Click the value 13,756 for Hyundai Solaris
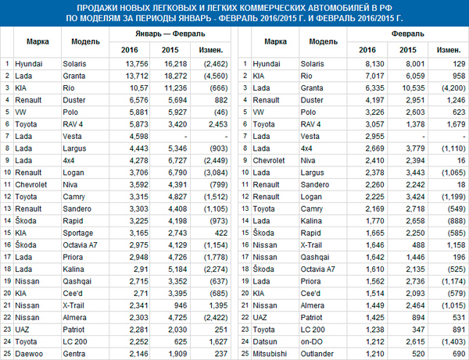click(137, 64)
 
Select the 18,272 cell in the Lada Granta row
click(176, 77)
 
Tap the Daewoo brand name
click(29, 354)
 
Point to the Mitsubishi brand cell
click(270, 354)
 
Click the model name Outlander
click(317, 354)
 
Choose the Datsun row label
click(265, 342)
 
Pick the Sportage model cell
click(78, 233)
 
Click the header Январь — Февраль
click(170, 34)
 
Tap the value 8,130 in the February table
click(374, 64)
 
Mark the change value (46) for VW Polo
click(220, 112)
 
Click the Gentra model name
click(74, 354)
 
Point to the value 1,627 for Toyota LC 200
click(218, 342)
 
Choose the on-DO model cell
click(311, 342)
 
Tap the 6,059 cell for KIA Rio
click(415, 77)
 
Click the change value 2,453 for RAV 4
click(218, 124)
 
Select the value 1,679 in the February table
click(456, 124)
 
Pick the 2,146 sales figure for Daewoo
click(139, 354)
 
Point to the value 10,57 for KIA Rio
click(139, 88)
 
